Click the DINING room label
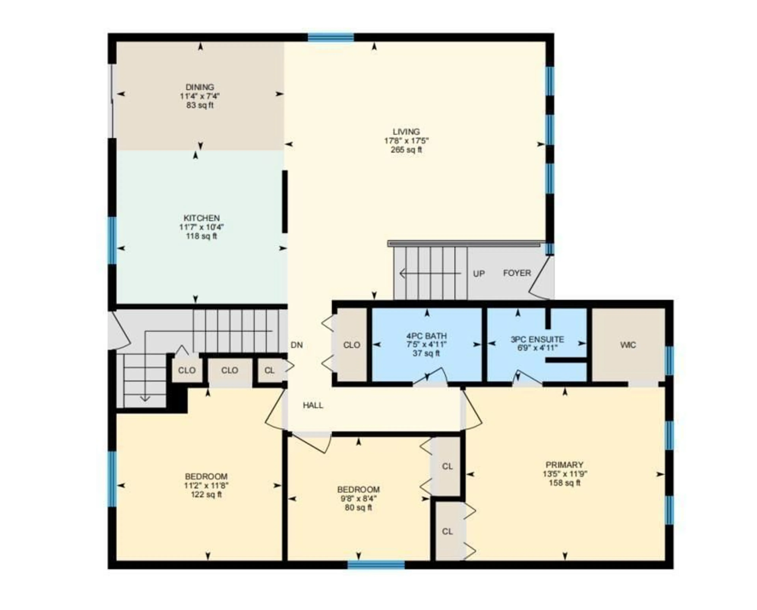[200, 87]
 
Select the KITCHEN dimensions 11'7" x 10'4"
[201, 227]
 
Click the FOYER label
[517, 273]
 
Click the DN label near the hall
[297, 345]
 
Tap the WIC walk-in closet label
[628, 345]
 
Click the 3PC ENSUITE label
[537, 339]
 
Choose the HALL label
[313, 405]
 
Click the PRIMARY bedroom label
[564, 465]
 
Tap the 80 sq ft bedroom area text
[358, 508]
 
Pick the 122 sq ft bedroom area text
[206, 495]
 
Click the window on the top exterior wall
[331, 37]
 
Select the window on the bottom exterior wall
[376, 565]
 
